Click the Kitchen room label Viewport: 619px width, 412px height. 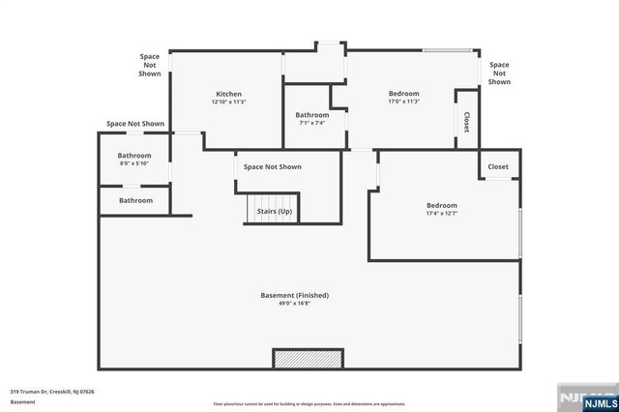228,94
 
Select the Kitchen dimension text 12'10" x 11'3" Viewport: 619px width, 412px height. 228,102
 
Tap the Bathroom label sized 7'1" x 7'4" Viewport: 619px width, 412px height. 311,115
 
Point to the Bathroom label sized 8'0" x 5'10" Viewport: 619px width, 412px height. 134,156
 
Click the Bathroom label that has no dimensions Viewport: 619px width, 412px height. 135,200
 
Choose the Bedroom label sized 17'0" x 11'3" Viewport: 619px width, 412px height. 404,94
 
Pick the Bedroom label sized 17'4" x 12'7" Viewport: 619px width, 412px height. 442,205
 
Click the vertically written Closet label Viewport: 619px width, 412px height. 466,122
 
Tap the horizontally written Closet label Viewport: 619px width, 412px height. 497,166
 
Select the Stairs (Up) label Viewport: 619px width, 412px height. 274,210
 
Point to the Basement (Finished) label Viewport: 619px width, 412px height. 295,295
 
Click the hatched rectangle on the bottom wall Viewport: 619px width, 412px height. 308,359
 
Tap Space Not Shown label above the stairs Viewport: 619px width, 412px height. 272,166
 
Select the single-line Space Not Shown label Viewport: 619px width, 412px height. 135,124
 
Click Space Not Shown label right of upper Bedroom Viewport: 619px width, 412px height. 499,74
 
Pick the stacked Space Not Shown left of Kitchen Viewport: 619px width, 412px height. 150,65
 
